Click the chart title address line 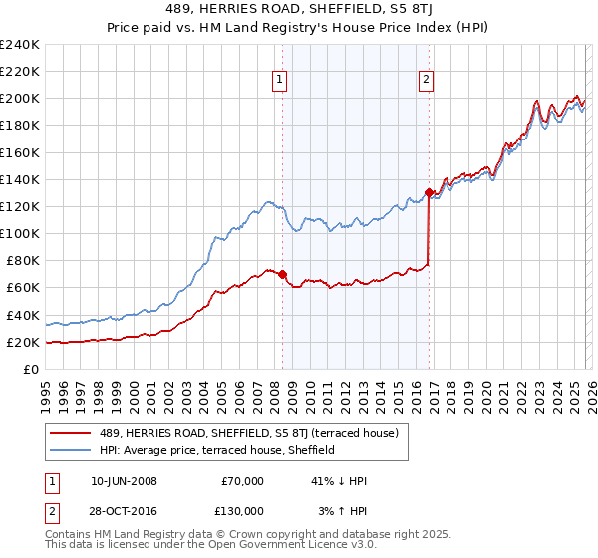coord(298,9)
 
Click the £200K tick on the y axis coord(19,98)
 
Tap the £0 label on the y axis coord(32,369)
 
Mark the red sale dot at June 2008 coord(282,274)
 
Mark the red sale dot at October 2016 coord(429,192)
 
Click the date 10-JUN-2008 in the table coord(122,481)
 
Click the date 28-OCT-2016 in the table coord(122,510)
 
